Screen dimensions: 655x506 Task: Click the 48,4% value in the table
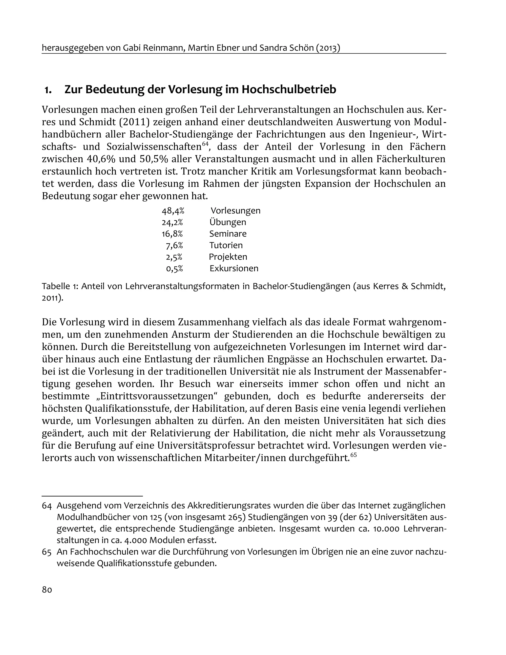click(173, 211)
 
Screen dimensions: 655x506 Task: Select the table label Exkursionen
click(234, 268)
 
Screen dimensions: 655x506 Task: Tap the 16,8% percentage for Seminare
click(172, 234)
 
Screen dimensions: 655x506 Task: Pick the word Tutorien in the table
click(226, 245)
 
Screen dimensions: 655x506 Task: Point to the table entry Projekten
click(228, 257)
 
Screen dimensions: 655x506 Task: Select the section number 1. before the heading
click(48, 90)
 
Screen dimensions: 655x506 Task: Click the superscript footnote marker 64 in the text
click(205, 144)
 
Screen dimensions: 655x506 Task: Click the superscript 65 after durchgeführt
click(353, 455)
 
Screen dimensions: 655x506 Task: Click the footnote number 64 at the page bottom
click(47, 506)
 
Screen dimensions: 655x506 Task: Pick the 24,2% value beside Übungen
click(172, 222)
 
